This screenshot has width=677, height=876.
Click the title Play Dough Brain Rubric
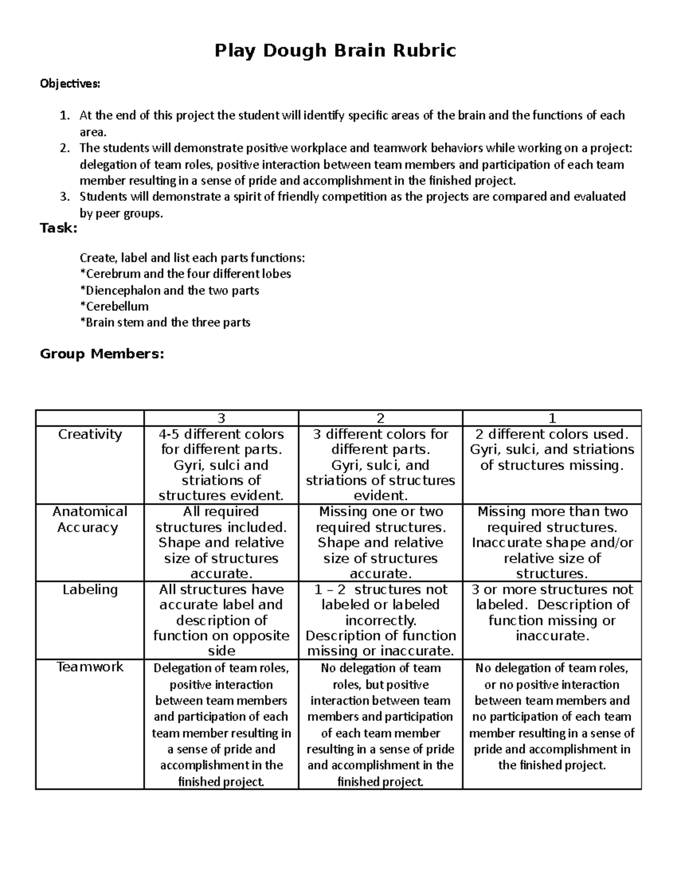[335, 51]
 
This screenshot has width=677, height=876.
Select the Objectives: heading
[69, 84]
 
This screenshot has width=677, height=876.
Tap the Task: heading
[58, 228]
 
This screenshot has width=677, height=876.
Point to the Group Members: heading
[102, 354]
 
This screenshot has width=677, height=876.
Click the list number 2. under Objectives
[65, 148]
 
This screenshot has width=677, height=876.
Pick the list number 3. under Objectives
[65, 197]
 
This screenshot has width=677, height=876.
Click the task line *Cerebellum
[115, 306]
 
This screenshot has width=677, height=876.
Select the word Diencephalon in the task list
[122, 290]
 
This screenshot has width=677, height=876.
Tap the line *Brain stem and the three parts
[165, 323]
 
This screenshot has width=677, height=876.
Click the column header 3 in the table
[221, 418]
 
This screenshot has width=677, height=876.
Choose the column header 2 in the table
[380, 418]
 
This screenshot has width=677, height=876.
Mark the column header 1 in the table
[552, 418]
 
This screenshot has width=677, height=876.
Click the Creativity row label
[90, 434]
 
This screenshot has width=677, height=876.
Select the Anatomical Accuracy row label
[90, 520]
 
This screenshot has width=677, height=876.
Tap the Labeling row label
[90, 589]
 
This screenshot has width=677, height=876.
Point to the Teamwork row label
[90, 667]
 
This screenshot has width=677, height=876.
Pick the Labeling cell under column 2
[380, 620]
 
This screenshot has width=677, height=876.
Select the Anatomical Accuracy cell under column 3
[221, 543]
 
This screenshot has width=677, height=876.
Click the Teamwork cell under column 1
[552, 716]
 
